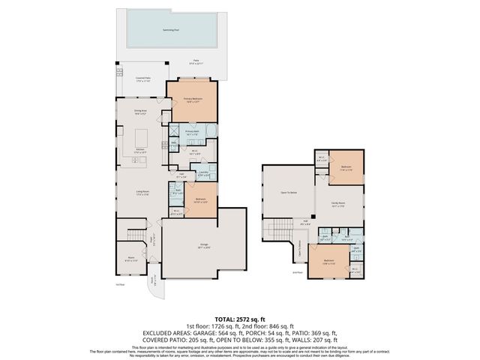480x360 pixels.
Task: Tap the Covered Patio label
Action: [x=145, y=79]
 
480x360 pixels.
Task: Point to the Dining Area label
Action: [x=140, y=112]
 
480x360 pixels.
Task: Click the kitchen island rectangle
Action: [x=142, y=139]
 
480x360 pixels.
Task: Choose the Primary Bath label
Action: [x=191, y=132]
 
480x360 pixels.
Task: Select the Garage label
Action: [x=203, y=245]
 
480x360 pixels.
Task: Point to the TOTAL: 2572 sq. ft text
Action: [x=240, y=319]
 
